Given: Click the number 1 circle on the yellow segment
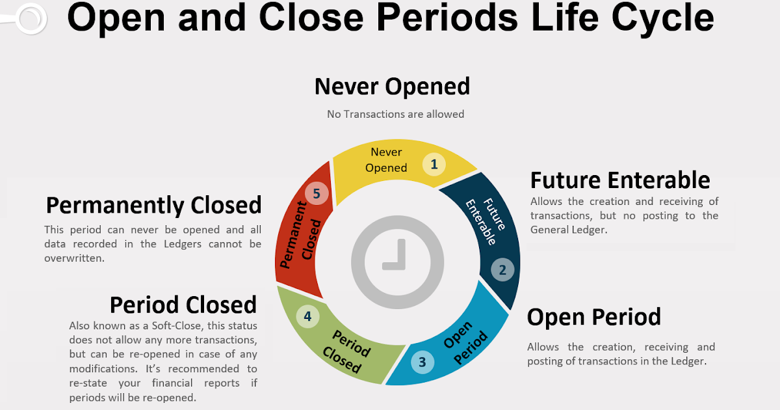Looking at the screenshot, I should point(434,164).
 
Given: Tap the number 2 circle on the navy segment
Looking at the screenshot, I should point(502,269).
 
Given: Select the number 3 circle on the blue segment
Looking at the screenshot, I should point(422,362).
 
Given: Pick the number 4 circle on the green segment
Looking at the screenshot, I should point(307,317).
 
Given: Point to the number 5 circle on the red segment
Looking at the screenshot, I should point(317,193).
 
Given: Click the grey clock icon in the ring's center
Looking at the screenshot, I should point(397,262).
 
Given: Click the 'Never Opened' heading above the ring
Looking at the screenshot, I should point(392,87).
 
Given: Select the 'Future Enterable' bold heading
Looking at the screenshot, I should point(620,180).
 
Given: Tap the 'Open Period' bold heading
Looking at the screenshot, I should point(593,317).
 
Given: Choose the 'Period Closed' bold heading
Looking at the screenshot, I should point(183,305).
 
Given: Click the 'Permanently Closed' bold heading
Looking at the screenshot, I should point(153,205).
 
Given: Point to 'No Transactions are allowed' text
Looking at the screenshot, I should point(395,114).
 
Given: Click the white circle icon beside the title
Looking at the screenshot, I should point(30,18).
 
